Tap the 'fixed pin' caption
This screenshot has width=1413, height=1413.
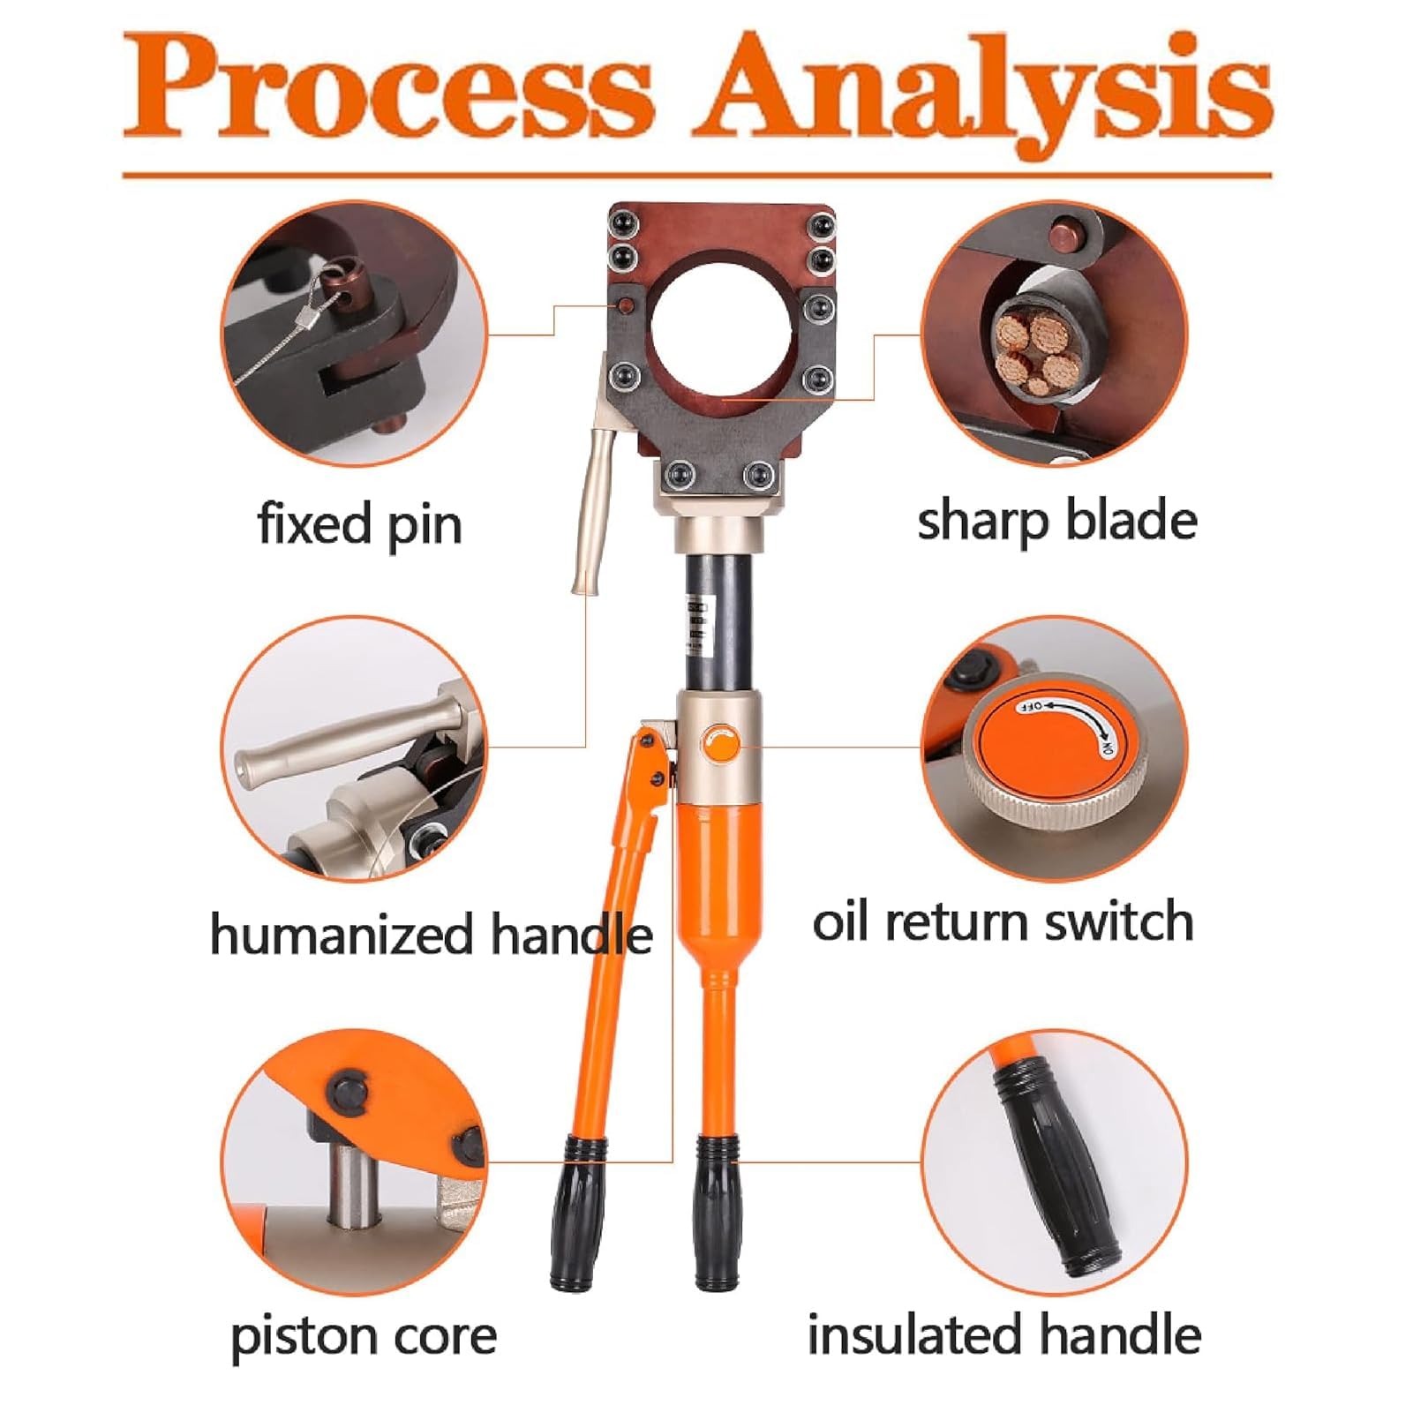pos(359,525)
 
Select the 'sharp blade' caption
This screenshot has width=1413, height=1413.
pos(1057,521)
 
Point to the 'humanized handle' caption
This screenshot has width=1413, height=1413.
pos(431,935)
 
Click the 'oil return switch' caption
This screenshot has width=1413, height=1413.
pos(1003,921)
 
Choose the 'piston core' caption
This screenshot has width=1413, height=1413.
pos(364,1336)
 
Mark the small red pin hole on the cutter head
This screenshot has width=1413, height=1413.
pos(625,306)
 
